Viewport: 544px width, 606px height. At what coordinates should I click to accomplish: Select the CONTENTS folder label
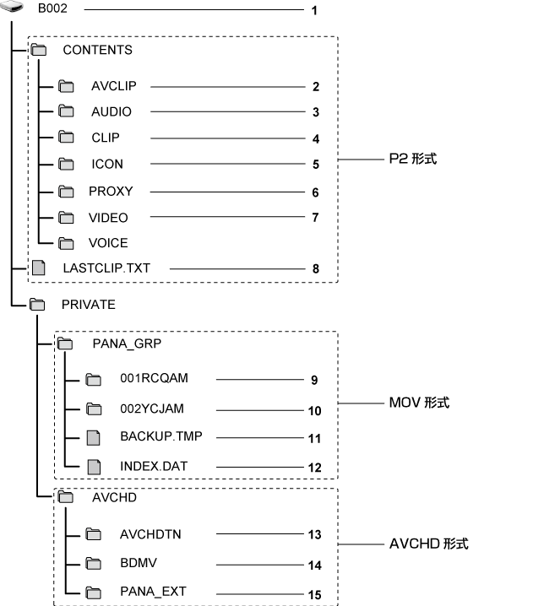pyautogui.click(x=97, y=50)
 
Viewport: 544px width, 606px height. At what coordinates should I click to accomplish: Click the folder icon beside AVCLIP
pyautogui.click(x=67, y=86)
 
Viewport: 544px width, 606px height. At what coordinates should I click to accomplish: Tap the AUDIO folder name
pyautogui.click(x=112, y=111)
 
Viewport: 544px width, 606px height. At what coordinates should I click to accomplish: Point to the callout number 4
pyautogui.click(x=315, y=139)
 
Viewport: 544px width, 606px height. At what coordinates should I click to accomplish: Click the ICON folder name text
pyautogui.click(x=107, y=164)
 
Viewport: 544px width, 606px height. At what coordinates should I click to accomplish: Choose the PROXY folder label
pyautogui.click(x=111, y=191)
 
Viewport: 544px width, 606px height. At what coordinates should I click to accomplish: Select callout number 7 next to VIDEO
pyautogui.click(x=315, y=219)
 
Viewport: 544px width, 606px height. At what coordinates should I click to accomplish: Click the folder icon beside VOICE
pyautogui.click(x=67, y=243)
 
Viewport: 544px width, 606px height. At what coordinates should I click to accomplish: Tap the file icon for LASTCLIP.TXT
pyautogui.click(x=37, y=269)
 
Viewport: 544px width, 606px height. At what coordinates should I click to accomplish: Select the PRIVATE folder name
pyautogui.click(x=88, y=305)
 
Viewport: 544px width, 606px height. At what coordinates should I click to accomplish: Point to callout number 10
pyautogui.click(x=315, y=410)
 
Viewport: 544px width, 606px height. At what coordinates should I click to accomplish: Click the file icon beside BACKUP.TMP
pyautogui.click(x=94, y=437)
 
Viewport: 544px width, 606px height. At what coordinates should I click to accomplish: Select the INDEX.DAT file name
pyautogui.click(x=150, y=465)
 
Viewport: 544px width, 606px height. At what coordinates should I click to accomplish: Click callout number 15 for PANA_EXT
pyautogui.click(x=315, y=595)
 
